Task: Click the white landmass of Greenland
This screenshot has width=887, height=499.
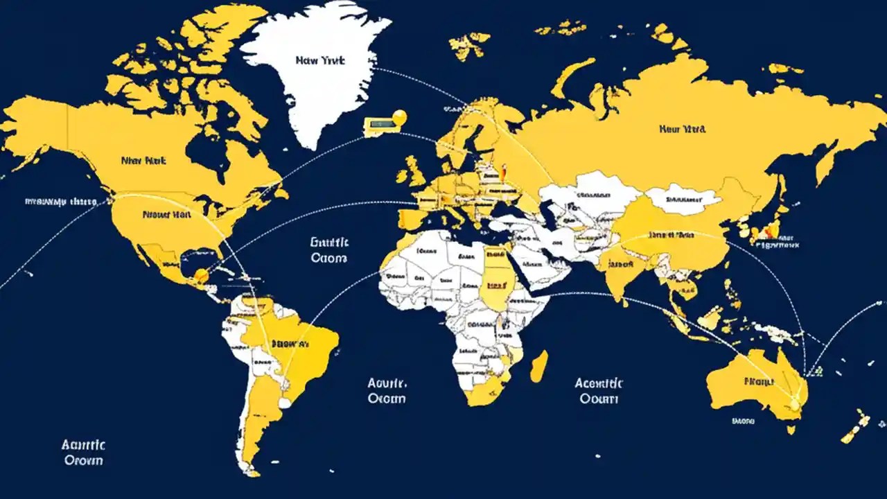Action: [x=312, y=83]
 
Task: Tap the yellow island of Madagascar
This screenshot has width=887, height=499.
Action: [x=539, y=365]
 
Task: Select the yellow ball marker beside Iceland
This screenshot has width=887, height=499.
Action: [x=399, y=118]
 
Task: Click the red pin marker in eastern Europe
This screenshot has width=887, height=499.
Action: [x=504, y=168]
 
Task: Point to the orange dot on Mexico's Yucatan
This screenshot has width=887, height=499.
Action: [x=201, y=276]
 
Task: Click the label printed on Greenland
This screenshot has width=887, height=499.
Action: [x=320, y=61]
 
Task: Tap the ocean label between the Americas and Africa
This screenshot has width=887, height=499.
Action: [x=329, y=250]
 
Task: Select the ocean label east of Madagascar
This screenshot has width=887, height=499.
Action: [x=599, y=391]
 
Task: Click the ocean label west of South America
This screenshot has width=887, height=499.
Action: [x=82, y=453]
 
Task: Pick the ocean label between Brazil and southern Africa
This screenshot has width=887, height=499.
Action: [x=387, y=391]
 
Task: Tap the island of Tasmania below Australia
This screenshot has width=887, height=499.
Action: [x=791, y=429]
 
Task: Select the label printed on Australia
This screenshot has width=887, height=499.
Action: [x=759, y=381]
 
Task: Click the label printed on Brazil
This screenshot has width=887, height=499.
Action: [x=291, y=343]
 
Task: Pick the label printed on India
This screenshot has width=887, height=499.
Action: [x=618, y=263]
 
